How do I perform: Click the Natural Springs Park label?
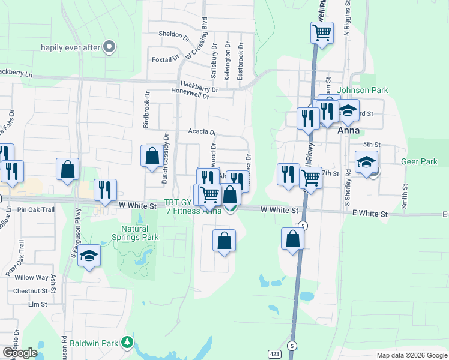pyautogui.click(x=140, y=233)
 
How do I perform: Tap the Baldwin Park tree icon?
pyautogui.click(x=127, y=343)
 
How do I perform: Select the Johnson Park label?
pyautogui.click(x=363, y=91)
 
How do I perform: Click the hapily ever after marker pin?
pyautogui.click(x=109, y=47)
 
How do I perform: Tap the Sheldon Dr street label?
pyautogui.click(x=174, y=34)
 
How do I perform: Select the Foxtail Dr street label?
pyautogui.click(x=166, y=59)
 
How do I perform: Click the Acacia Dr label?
pyautogui.click(x=202, y=132)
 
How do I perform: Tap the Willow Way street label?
pyautogui.click(x=31, y=278)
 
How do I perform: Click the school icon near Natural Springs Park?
pyautogui.click(x=89, y=256)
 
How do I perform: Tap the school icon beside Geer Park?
pyautogui.click(x=366, y=161)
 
